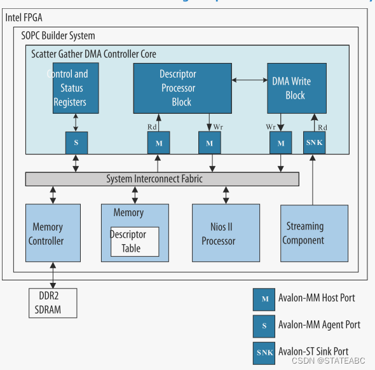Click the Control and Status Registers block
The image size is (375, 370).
pyautogui.click(x=76, y=88)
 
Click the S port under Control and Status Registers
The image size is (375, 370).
pyautogui.click(x=76, y=142)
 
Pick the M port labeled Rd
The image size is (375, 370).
pyautogui.click(x=159, y=142)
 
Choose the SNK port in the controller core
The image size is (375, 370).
pyautogui.click(x=314, y=142)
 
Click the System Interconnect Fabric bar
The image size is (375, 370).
pyautogui.click(x=162, y=179)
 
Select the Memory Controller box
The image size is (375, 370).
pyautogui.click(x=53, y=233)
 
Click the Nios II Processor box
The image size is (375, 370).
pyautogui.click(x=226, y=233)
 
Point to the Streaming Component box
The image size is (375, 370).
pyautogui.click(x=314, y=233)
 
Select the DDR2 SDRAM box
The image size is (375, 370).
pyautogui.click(x=53, y=303)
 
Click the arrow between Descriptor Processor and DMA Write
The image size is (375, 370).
pyautogui.click(x=249, y=79)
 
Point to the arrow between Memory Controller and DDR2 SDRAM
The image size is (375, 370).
pyautogui.click(x=53, y=275)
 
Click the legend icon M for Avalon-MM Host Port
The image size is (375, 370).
pyautogui.click(x=264, y=298)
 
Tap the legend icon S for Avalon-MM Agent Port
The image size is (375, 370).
pyautogui.click(x=264, y=325)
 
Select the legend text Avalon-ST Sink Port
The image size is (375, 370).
pyautogui.click(x=313, y=351)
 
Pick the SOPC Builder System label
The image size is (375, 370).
pyautogui.click(x=58, y=36)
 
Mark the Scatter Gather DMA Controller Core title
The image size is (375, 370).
pyautogui.click(x=93, y=54)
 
